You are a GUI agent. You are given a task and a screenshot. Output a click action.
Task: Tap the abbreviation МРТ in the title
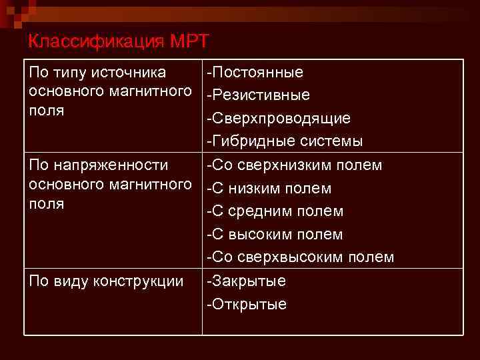(190, 41)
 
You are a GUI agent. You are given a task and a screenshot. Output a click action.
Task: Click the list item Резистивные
(260, 95)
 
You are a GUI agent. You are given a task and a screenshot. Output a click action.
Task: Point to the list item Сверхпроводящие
(280, 118)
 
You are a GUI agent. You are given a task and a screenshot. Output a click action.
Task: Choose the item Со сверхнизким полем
(295, 165)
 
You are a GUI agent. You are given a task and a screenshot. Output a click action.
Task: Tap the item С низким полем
(270, 188)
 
